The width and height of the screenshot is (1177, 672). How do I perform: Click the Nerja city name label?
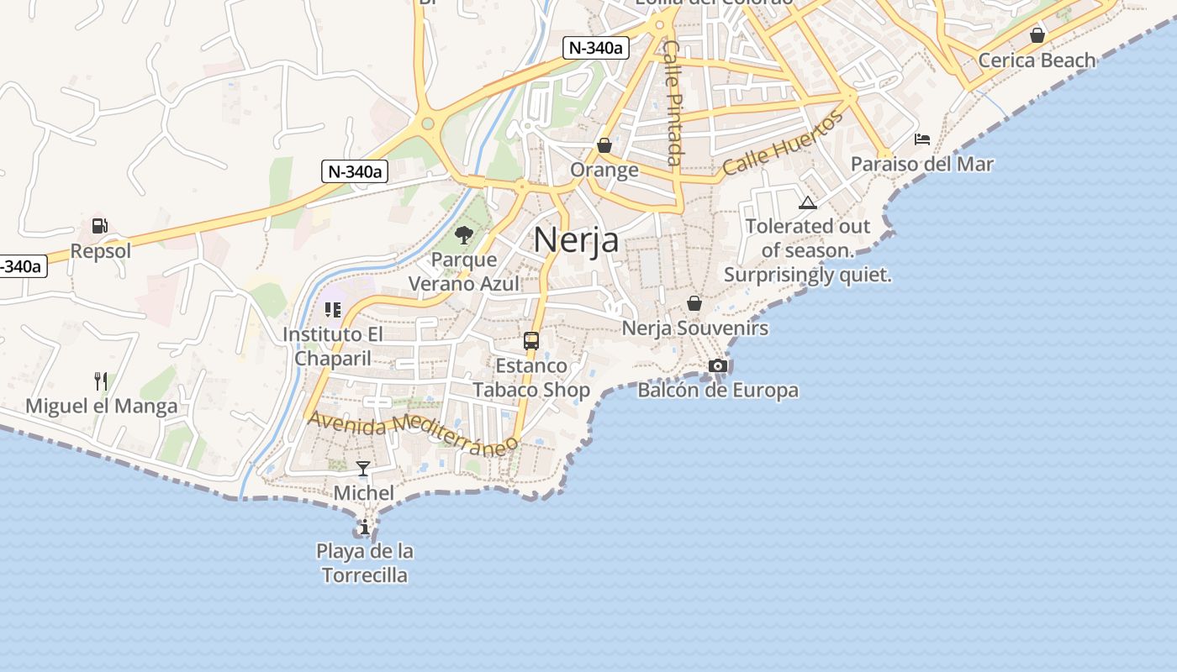(576, 240)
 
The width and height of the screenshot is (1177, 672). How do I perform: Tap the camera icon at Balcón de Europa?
(717, 365)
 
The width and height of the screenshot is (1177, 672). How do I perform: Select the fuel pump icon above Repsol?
(100, 226)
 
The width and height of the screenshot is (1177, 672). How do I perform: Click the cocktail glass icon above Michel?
(363, 468)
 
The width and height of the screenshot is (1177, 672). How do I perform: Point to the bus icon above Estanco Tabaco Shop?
(531, 340)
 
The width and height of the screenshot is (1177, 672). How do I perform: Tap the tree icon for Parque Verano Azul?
(463, 234)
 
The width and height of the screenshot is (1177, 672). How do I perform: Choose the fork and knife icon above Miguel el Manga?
(101, 381)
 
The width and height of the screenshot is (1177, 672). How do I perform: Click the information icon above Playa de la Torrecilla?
(365, 528)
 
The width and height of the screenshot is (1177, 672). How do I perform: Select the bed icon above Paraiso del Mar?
(922, 139)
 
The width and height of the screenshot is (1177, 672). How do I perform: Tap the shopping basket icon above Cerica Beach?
(1037, 35)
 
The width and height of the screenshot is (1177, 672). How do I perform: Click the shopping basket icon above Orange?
(604, 145)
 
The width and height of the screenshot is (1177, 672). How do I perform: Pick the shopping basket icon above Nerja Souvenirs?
(694, 303)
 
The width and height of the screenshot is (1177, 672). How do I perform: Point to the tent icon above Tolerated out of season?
(808, 202)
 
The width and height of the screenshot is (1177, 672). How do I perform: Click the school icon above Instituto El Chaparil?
(332, 310)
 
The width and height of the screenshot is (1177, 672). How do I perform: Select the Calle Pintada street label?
(673, 102)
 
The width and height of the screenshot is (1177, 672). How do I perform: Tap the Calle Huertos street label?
(782, 143)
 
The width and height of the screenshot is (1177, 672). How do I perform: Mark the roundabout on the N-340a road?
(428, 124)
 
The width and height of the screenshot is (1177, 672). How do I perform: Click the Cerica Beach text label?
(1037, 60)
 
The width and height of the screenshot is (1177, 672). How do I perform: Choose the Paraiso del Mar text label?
(921, 165)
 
